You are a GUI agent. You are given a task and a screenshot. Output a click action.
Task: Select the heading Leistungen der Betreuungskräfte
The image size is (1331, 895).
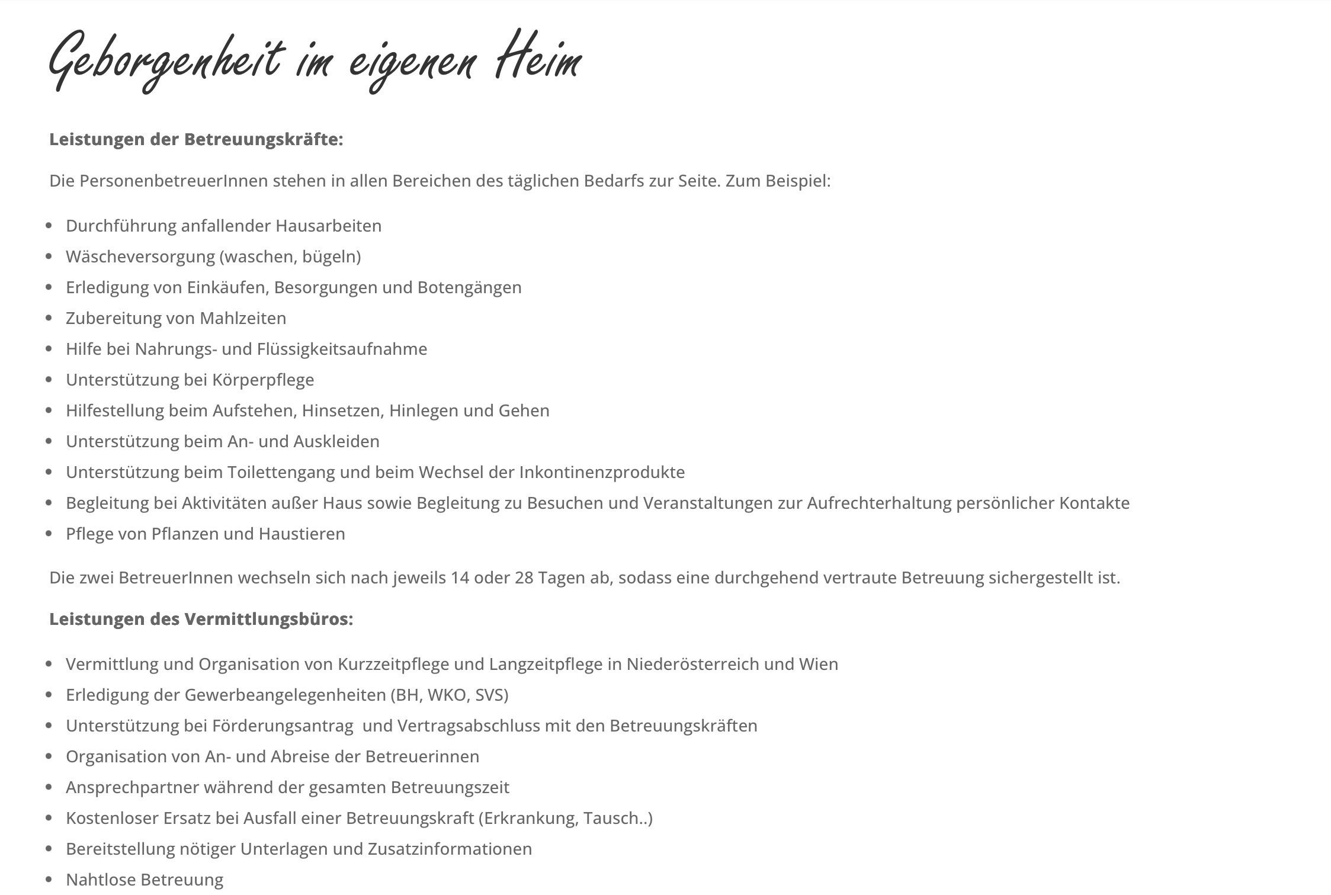(196, 139)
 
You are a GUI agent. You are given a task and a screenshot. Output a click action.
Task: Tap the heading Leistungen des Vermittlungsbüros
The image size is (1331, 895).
(201, 619)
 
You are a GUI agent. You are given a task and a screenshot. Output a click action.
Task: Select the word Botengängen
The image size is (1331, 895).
(469, 287)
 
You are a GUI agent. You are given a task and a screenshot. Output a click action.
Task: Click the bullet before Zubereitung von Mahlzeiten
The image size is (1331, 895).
(49, 318)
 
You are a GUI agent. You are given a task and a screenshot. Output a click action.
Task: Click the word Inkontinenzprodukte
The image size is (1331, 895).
(602, 472)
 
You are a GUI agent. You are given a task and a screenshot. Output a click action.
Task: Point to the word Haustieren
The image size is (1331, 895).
(302, 534)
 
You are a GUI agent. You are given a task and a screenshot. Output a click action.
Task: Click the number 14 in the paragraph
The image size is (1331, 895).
(460, 578)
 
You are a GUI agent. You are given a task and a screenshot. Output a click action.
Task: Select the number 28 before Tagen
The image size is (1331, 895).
(524, 578)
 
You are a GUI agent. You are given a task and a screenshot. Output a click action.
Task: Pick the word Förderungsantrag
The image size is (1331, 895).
(283, 726)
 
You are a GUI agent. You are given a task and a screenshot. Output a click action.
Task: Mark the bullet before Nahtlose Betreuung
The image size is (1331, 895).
(49, 880)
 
